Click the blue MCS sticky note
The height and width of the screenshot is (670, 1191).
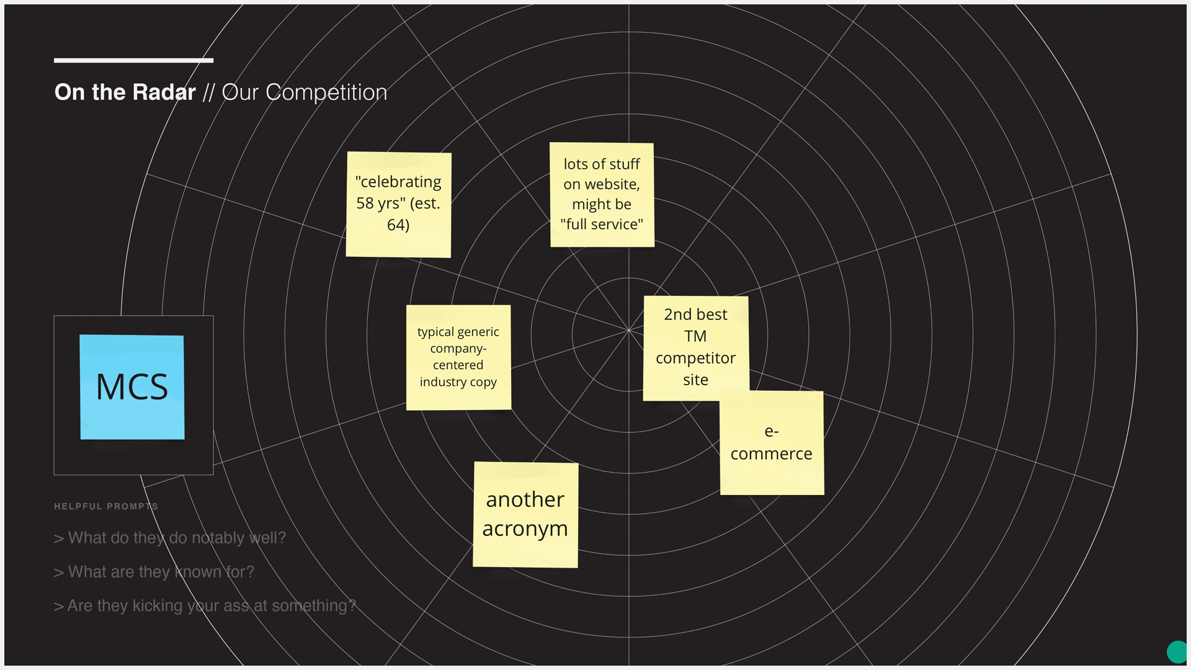tap(132, 387)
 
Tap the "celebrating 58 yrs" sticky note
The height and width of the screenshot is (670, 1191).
tap(398, 204)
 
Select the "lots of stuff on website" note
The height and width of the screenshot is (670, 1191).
tap(602, 195)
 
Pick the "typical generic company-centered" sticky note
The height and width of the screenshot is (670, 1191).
tap(458, 357)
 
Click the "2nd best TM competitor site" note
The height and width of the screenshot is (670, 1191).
tap(695, 347)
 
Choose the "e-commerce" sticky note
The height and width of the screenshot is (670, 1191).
tap(772, 443)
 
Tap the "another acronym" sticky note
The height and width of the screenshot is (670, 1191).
tap(525, 514)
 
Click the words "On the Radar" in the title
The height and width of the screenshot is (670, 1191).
tap(125, 92)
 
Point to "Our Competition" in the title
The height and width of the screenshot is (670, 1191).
tap(305, 92)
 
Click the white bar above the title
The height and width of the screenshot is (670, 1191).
tap(133, 60)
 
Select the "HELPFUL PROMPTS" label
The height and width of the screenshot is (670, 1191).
tap(106, 506)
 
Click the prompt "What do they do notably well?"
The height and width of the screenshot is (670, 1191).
tap(170, 538)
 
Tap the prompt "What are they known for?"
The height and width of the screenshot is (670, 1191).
tap(154, 572)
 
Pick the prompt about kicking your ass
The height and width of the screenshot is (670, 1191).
tap(205, 606)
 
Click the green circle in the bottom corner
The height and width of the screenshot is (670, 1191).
tap(1177, 652)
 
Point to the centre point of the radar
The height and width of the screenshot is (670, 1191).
tap(629, 330)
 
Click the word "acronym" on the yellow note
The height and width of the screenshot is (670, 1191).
tap(525, 529)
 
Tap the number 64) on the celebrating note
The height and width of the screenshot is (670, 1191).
tap(398, 225)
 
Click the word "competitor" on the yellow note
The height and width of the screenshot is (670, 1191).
tap(695, 359)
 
